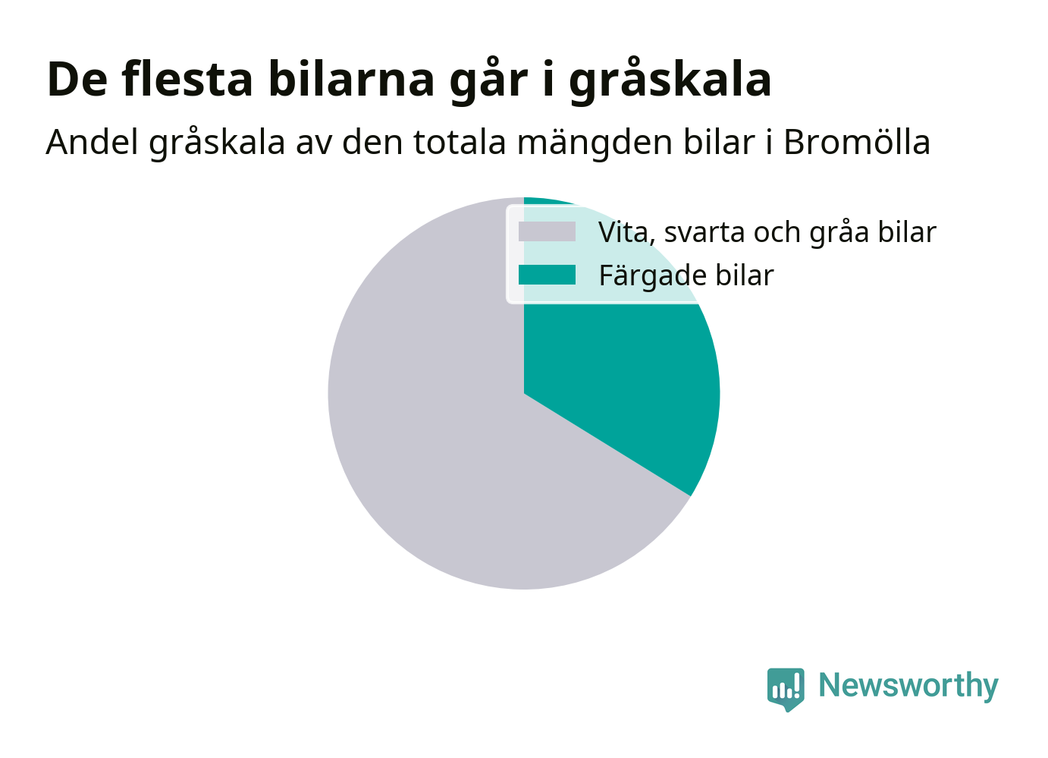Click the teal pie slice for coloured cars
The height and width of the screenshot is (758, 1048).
click(623, 375)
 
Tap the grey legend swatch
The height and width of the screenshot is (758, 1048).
click(547, 231)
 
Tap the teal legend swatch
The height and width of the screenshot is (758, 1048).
click(547, 275)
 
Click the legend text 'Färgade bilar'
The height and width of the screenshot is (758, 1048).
click(686, 275)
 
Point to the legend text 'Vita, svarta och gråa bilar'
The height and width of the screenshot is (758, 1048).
click(767, 231)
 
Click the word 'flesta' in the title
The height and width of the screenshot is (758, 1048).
click(187, 79)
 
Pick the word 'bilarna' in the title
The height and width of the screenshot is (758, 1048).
click(351, 79)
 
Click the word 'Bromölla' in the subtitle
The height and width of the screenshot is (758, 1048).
click(857, 142)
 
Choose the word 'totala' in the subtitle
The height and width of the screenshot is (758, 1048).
click(460, 142)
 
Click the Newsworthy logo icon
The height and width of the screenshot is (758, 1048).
click(786, 689)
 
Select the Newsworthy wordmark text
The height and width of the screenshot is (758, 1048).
click(908, 687)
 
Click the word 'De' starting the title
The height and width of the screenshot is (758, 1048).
click(77, 79)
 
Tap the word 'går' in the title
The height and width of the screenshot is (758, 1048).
click(488, 80)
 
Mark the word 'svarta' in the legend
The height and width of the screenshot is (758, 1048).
click(703, 233)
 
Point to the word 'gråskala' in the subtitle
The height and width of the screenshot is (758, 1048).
click(217, 143)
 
